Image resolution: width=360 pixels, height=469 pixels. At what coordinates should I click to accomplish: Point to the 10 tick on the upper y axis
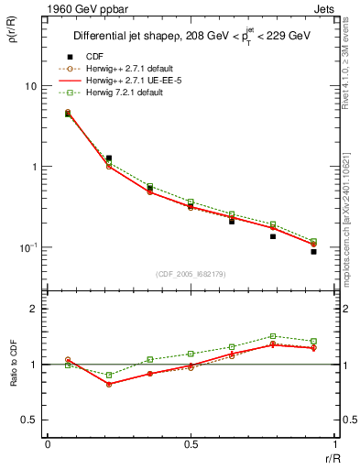click(x=29, y=86)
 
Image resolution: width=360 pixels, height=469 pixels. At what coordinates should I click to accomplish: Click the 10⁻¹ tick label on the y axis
click(x=27, y=247)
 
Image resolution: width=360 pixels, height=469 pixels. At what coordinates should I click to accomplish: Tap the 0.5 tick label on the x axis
click(x=190, y=444)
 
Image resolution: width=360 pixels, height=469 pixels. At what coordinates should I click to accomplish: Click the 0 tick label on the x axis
click(x=47, y=444)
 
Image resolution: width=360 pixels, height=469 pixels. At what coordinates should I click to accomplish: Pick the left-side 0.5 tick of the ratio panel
click(x=29, y=420)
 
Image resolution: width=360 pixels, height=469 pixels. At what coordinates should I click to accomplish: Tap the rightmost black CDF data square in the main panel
click(x=313, y=251)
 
